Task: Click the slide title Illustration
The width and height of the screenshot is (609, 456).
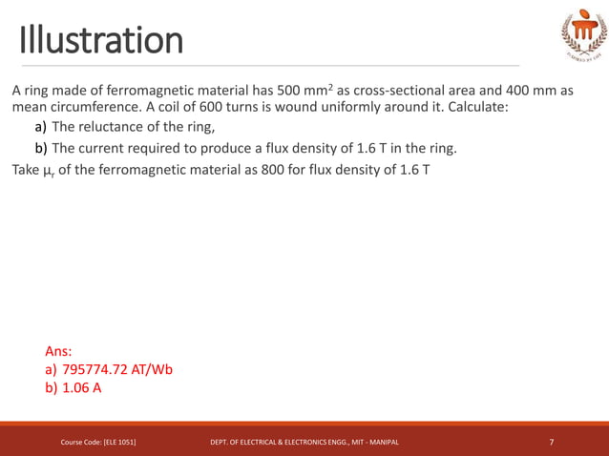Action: [101, 40]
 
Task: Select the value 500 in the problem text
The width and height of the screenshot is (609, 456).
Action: [290, 91]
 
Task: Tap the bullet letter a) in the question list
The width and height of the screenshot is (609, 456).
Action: [41, 128]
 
